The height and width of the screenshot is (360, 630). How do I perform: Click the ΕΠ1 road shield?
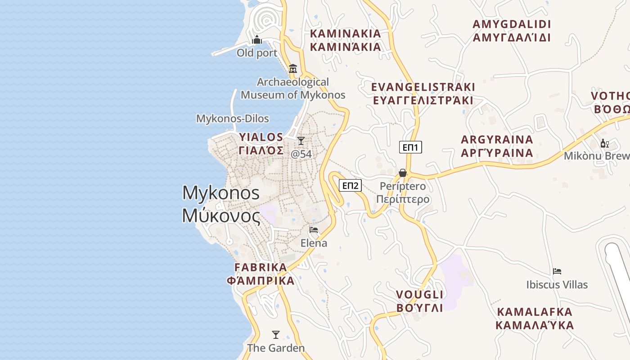[x=410, y=147]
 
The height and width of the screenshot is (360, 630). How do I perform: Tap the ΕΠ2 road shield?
[x=350, y=185]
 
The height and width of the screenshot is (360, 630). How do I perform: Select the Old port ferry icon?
[x=257, y=40]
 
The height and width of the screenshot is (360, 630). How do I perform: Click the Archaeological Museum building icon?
[x=293, y=69]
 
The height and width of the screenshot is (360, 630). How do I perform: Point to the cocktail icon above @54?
[x=301, y=141]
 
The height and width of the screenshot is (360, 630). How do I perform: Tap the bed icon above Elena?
[x=314, y=230]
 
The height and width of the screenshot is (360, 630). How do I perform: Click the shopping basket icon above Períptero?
[x=403, y=173]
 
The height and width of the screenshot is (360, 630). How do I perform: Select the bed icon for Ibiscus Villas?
[x=557, y=271]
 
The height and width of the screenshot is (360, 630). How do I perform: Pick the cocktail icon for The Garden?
[x=276, y=335]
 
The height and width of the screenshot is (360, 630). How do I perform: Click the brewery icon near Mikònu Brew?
[x=604, y=144]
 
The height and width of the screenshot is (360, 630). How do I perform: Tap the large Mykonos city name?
[x=221, y=204]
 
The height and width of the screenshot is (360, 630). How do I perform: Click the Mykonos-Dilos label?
[x=232, y=119]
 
